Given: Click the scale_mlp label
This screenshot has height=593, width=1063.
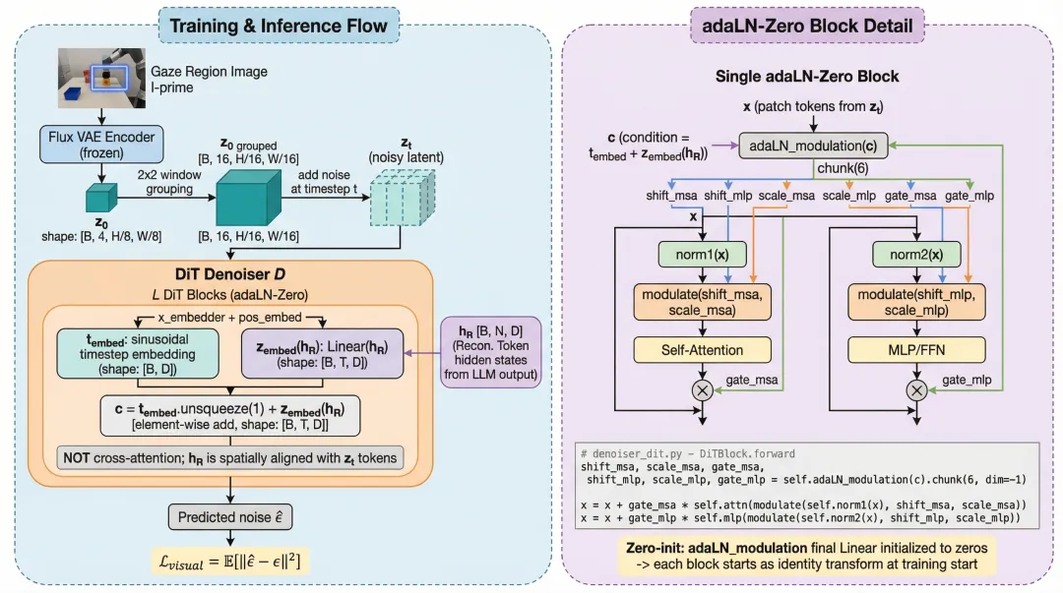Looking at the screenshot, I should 848,196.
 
